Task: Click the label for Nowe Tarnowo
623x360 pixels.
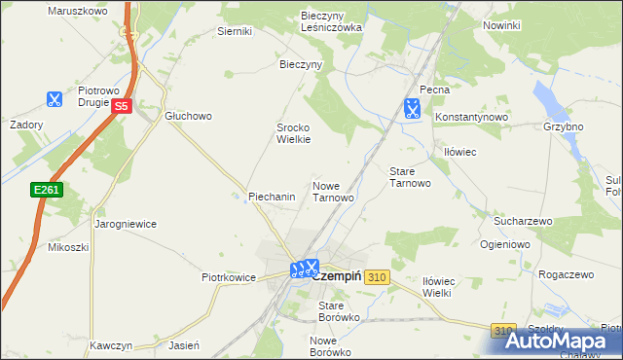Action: [333, 191]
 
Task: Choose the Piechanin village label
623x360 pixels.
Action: [272, 197]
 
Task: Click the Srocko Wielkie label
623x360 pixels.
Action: [293, 133]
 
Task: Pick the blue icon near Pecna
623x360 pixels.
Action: [413, 107]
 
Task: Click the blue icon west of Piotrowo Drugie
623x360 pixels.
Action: [54, 99]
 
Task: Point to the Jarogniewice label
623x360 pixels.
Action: [126, 223]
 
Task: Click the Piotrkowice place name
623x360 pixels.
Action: [229, 277]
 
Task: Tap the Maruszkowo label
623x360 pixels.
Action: [76, 10]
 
